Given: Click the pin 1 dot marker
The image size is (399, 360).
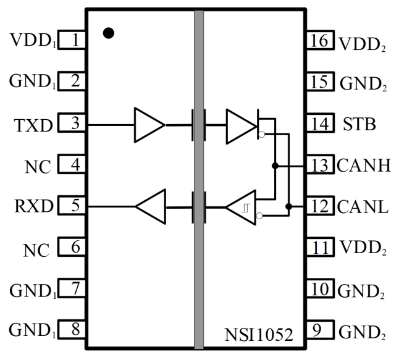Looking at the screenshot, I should click(x=109, y=33).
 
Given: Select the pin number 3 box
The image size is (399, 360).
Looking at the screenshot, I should click(x=73, y=123).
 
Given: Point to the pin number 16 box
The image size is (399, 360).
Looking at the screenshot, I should click(x=320, y=41).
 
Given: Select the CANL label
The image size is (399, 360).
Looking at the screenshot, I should click(x=363, y=207).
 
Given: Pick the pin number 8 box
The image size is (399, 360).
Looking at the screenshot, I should click(x=73, y=330).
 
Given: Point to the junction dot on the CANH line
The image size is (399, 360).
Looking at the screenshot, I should click(x=275, y=165).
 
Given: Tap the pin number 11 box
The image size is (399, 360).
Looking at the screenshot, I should click(x=320, y=248).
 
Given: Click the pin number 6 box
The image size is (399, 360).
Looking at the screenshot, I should click(x=73, y=248).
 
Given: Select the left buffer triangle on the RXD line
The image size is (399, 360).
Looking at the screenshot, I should click(x=150, y=207).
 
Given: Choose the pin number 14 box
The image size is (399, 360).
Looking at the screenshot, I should click(x=320, y=123).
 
